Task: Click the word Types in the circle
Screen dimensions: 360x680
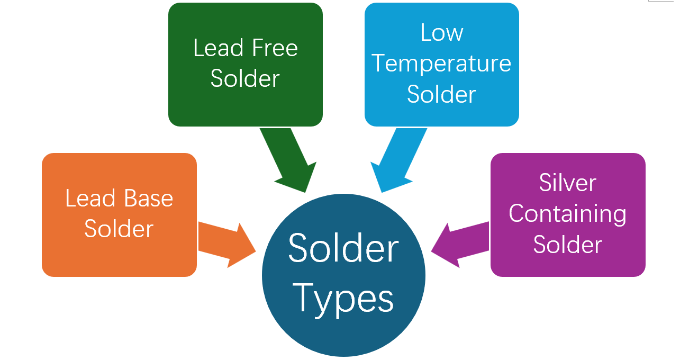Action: click(x=343, y=299)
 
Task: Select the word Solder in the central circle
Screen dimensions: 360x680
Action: click(x=343, y=248)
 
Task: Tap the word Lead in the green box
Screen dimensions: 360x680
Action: click(x=214, y=48)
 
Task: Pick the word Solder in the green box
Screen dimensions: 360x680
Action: click(x=245, y=78)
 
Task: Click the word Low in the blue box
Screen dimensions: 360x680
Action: click(x=442, y=33)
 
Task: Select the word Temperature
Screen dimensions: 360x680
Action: click(x=442, y=64)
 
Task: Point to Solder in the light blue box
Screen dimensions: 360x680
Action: click(x=442, y=94)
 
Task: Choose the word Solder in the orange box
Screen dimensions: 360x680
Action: click(x=119, y=229)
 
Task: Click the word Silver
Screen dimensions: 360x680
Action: click(x=568, y=183)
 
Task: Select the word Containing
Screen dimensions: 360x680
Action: click(x=568, y=214)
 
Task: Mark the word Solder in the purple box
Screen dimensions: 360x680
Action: click(x=568, y=245)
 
